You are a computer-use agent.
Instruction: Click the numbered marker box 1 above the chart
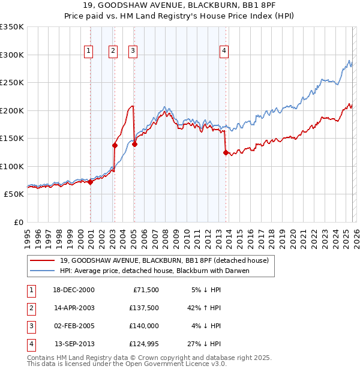(88, 52)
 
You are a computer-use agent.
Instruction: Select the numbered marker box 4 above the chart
(224, 52)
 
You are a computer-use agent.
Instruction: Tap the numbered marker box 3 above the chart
(133, 52)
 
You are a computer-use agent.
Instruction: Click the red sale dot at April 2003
(115, 145)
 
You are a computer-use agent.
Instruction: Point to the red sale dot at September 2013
(226, 152)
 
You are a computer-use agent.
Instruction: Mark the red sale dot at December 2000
(90, 182)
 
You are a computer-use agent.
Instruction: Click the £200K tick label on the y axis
(11, 110)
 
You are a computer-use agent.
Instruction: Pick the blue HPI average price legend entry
(154, 271)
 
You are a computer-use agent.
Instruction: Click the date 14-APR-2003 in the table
(74, 307)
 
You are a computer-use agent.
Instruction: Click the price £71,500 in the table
(145, 289)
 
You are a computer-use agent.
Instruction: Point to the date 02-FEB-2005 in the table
(74, 326)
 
